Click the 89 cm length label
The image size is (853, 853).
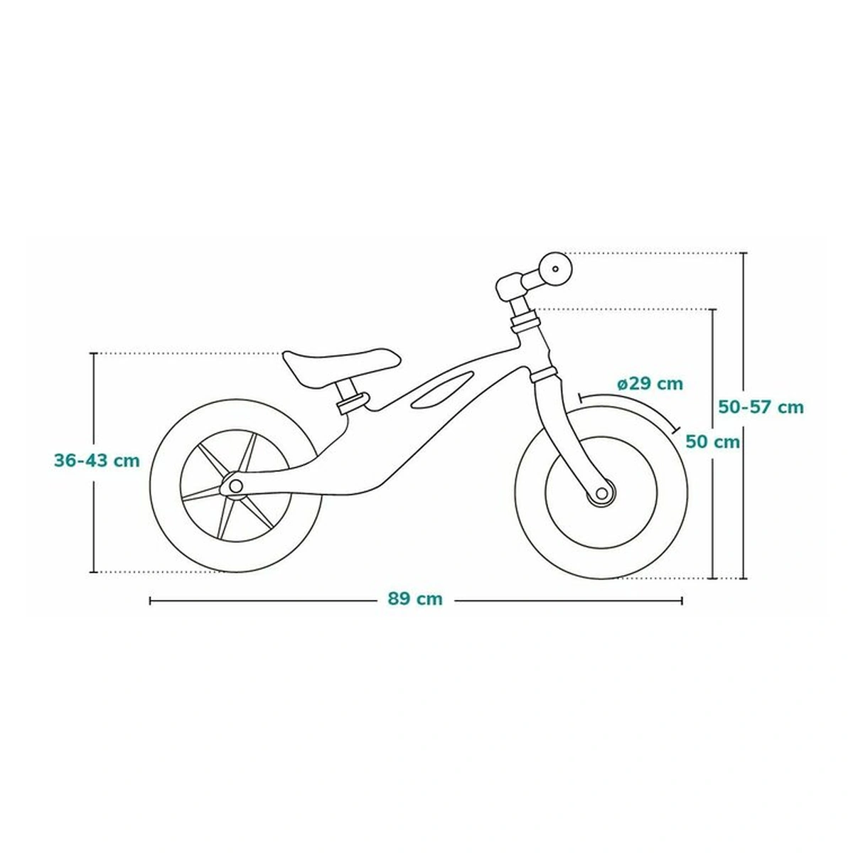click(x=415, y=599)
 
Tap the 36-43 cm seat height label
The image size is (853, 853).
click(x=97, y=460)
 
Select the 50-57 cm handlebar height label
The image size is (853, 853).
click(x=761, y=407)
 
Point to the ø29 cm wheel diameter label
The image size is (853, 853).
click(x=650, y=384)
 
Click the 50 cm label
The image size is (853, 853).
click(x=712, y=441)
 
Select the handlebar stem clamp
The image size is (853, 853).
click(x=510, y=285)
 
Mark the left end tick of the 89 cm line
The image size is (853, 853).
click(x=150, y=600)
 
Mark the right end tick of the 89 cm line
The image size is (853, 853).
click(x=682, y=600)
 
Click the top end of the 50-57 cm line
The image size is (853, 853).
click(x=744, y=253)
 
